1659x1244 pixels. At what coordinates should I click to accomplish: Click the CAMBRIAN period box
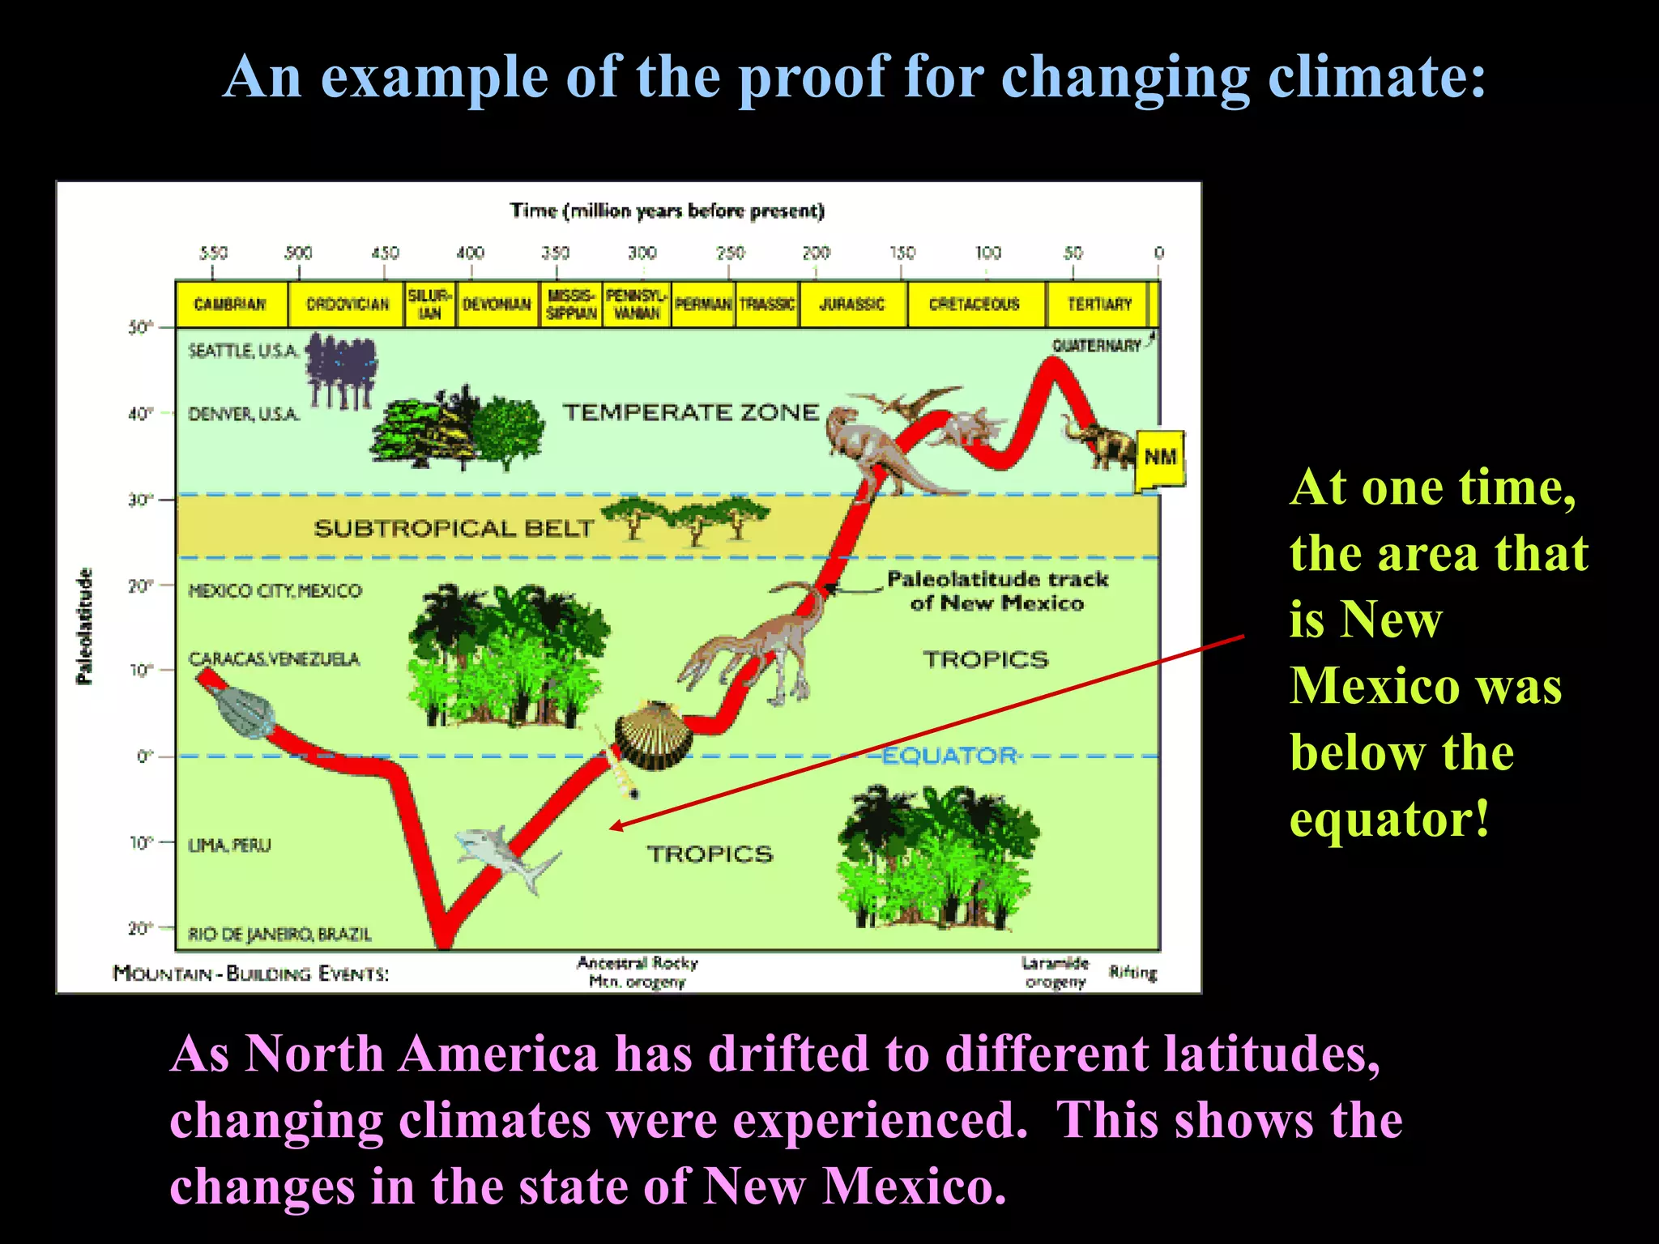tap(231, 305)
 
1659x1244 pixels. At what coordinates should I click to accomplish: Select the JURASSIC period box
tap(852, 305)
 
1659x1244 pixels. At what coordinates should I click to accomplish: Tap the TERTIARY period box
tap(1098, 305)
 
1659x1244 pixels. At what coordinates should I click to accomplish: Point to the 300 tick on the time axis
tap(642, 253)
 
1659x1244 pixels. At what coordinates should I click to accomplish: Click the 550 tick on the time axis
tap(213, 253)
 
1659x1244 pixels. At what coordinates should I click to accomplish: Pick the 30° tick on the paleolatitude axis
tap(140, 500)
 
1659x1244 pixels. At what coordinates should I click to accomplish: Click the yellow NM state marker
tap(1161, 458)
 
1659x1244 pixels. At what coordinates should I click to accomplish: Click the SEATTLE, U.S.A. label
tap(244, 351)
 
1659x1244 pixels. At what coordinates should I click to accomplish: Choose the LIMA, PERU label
tap(229, 846)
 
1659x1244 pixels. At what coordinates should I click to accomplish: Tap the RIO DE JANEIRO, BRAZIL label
tap(279, 935)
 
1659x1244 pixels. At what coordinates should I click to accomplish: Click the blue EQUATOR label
tap(949, 756)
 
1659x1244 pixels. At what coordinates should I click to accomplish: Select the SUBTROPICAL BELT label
tap(454, 529)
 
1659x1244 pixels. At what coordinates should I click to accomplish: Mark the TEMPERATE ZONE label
tap(691, 412)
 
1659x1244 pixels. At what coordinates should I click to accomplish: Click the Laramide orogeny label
tap(1055, 973)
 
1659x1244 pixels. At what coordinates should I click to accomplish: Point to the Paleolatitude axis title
tap(84, 625)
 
